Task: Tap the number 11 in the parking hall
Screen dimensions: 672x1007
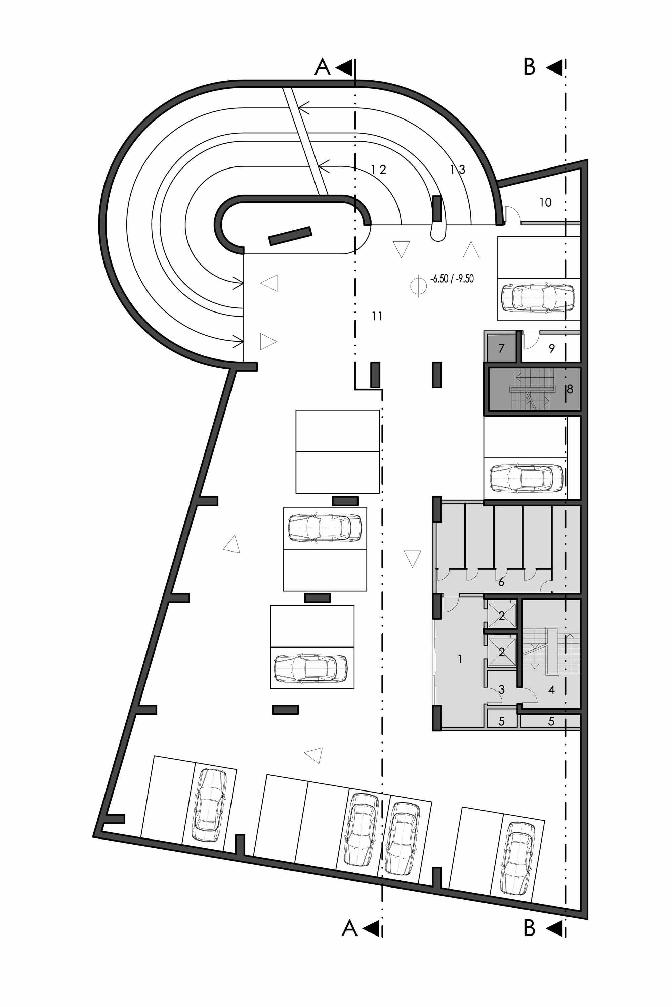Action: [377, 316]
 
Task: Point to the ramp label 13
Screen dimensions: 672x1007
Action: [458, 170]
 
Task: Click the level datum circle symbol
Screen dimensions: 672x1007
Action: [418, 286]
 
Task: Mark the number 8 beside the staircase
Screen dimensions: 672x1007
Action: [570, 389]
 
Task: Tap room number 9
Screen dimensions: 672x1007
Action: [552, 348]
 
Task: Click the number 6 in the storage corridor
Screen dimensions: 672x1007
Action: [501, 582]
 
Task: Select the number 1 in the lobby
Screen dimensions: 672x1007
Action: [460, 659]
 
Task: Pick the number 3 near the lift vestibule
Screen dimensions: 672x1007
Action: [501, 689]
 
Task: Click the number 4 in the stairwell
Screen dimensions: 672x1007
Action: [552, 689]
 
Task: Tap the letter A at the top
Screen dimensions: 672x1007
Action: [322, 67]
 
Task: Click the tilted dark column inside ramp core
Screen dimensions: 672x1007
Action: [290, 236]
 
